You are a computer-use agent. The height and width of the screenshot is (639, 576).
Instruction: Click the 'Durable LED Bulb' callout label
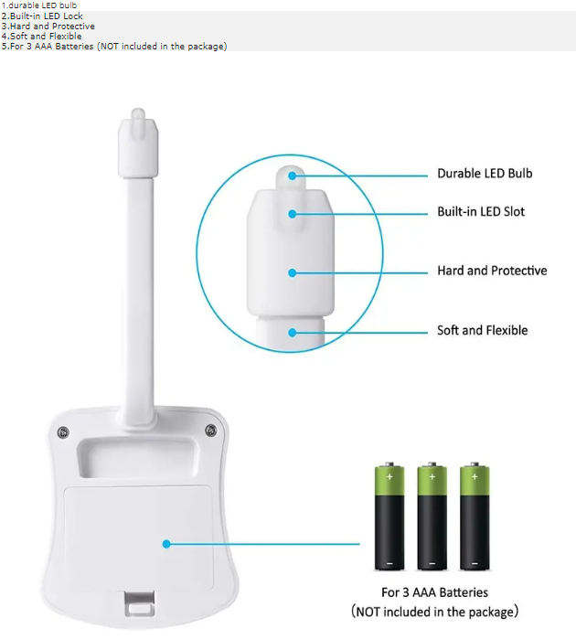(485, 173)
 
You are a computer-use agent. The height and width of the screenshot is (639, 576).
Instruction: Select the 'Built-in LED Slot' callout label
(481, 212)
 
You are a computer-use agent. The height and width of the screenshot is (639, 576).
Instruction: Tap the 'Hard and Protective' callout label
(492, 271)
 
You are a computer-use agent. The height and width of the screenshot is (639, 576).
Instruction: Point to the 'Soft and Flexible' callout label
(482, 330)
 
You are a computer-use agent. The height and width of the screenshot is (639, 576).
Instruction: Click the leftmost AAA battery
(389, 517)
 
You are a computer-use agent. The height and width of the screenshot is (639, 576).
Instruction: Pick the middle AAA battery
(432, 517)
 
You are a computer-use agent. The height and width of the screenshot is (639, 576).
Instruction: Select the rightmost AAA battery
(474, 517)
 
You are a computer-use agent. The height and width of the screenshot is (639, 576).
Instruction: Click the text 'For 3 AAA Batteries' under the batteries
(434, 592)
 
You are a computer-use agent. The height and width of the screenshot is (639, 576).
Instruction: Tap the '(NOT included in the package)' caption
(434, 611)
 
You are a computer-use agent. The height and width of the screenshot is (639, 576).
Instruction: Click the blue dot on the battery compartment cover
(166, 544)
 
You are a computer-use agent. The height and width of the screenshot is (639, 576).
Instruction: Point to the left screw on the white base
(62, 431)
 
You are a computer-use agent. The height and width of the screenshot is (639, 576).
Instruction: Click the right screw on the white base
(210, 431)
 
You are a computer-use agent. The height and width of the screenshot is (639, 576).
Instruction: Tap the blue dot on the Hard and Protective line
(293, 272)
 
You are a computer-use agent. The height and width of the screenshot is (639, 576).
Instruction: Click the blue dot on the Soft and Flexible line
(293, 331)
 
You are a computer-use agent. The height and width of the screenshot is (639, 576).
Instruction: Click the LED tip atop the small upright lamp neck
(138, 116)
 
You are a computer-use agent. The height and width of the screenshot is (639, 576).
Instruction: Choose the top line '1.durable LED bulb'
(38, 5)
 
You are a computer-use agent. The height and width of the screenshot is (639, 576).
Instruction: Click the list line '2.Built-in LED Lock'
(42, 16)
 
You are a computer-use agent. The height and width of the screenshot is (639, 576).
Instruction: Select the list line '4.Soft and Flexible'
(41, 37)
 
